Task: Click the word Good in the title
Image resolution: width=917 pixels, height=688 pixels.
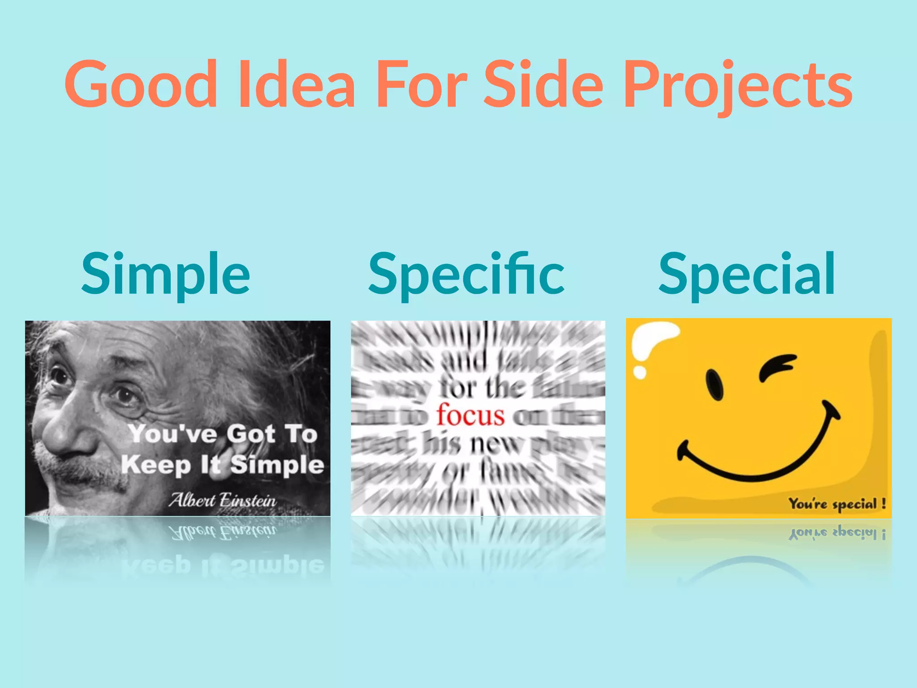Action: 141,85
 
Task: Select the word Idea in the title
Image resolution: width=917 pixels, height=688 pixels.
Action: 297,85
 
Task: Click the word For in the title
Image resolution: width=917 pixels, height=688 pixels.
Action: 422,85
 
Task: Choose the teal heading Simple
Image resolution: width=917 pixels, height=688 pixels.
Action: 165,274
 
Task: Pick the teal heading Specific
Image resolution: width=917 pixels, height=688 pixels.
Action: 466,274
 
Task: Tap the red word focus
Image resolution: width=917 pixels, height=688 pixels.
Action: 471,415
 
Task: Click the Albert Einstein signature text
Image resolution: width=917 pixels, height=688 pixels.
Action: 223,500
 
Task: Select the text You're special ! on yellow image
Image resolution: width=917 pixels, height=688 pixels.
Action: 837,504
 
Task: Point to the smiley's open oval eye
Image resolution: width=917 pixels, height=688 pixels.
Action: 714,385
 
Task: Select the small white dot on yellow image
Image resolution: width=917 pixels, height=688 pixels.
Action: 640,372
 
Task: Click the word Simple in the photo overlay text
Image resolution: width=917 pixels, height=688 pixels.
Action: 277,464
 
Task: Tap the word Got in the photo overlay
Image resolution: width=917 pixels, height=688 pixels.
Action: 250,434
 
